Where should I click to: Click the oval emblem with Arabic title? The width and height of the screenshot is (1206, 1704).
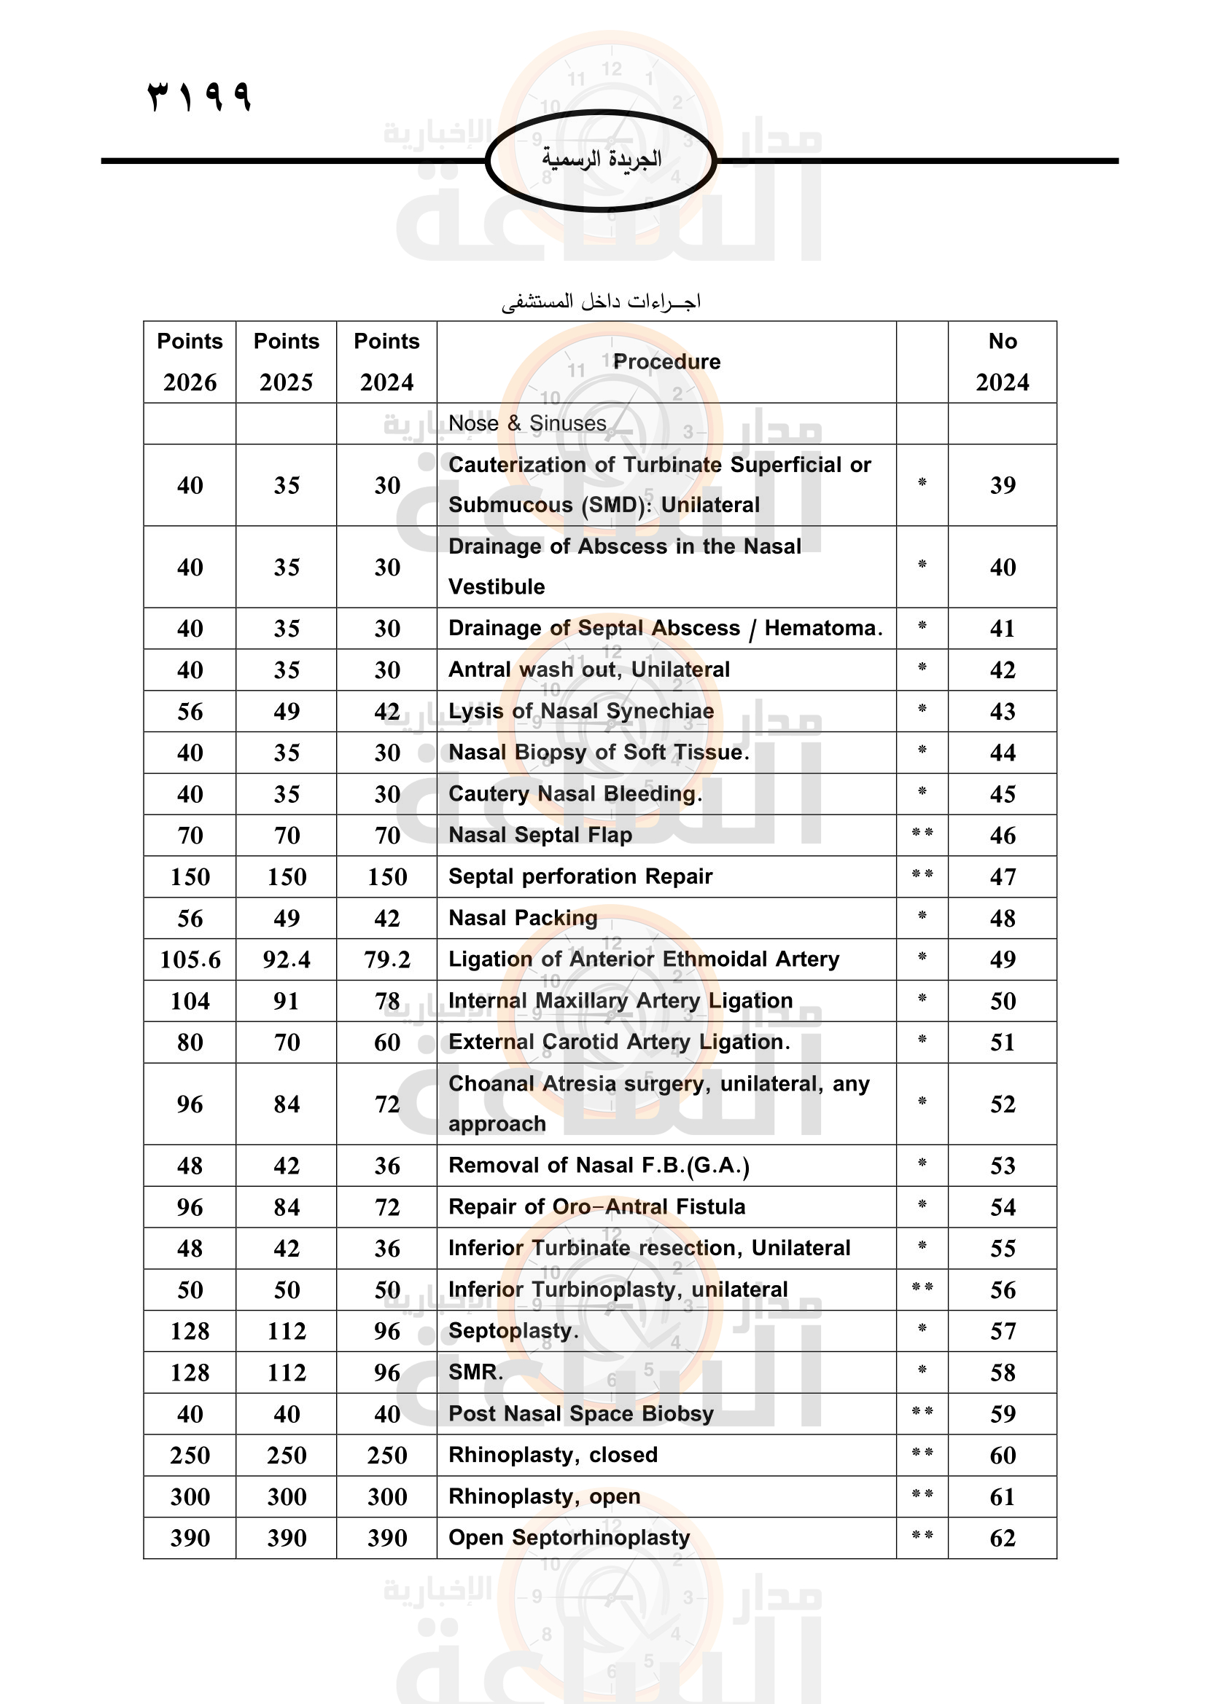[601, 160]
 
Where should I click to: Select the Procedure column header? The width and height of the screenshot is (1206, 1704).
[666, 361]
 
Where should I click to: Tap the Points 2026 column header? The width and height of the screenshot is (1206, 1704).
[190, 361]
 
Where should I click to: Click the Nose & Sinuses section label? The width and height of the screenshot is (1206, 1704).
[527, 423]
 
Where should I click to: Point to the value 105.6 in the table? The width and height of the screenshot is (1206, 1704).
[190, 959]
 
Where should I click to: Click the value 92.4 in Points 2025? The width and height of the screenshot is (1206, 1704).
[287, 959]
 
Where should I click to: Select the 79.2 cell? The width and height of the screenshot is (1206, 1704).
[387, 959]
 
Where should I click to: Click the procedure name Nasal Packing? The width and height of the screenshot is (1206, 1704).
[523, 918]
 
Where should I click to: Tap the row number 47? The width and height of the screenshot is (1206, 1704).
[1002, 876]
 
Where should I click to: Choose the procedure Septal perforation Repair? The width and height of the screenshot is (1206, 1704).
[580, 876]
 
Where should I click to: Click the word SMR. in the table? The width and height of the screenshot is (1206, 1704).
[475, 1373]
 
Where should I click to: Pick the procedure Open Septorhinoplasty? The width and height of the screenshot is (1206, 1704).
[569, 1538]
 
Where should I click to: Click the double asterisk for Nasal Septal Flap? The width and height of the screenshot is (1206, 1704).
[922, 833]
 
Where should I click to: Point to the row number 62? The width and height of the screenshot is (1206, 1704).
[1002, 1538]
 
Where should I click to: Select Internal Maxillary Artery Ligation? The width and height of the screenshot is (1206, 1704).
[620, 1000]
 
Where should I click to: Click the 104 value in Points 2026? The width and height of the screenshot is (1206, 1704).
[190, 1001]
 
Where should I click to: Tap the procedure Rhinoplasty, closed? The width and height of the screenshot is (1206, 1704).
[553, 1455]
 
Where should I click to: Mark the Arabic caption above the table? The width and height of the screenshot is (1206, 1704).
[601, 302]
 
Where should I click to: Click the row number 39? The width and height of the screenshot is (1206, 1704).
[1002, 485]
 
